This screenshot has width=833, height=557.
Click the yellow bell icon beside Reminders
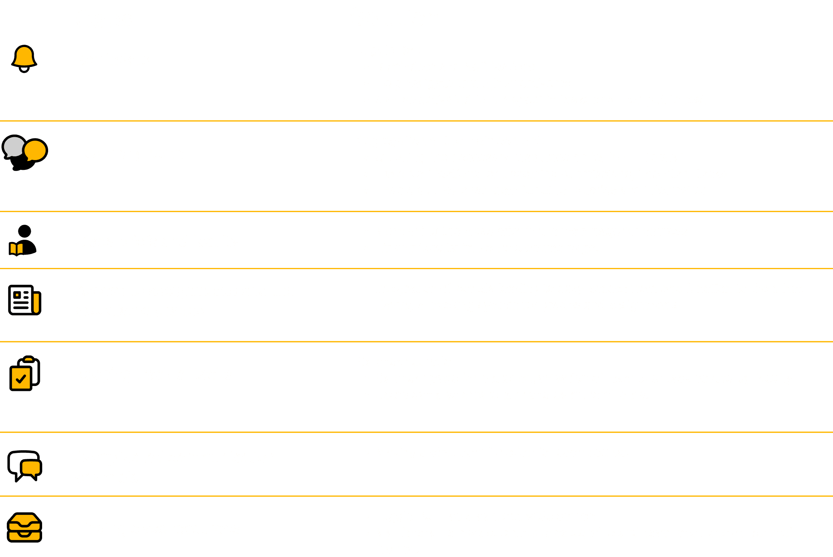point(24,59)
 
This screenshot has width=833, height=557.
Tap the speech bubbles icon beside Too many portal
point(25,152)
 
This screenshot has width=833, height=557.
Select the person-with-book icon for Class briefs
point(23,241)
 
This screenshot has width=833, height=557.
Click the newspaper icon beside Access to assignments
point(24,300)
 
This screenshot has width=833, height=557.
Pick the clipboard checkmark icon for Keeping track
point(24,373)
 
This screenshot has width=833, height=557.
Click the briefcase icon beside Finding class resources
point(24,528)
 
